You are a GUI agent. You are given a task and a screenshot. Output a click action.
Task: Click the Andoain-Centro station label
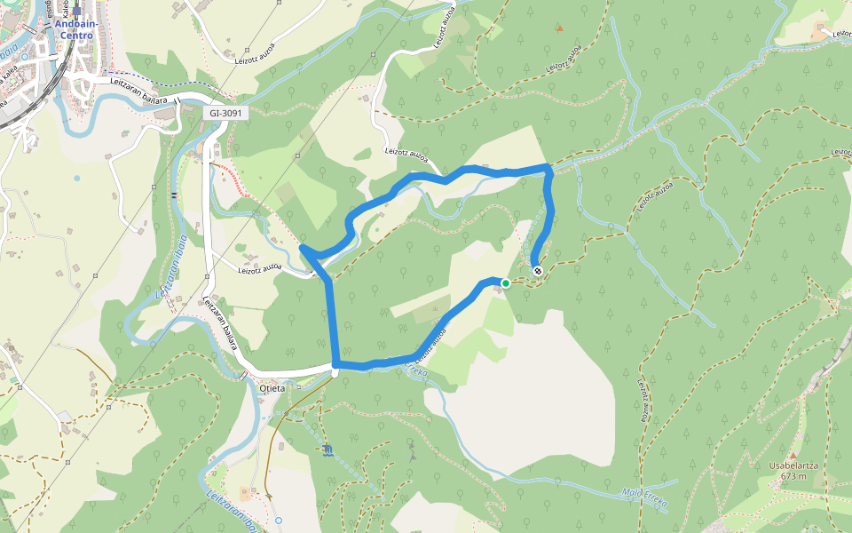click(x=75, y=29)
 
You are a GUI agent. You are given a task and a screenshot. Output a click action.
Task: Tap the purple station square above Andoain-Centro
click(x=77, y=12)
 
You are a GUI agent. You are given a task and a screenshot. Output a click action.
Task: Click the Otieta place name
click(x=272, y=388)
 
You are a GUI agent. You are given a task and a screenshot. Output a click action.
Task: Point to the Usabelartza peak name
click(x=793, y=465)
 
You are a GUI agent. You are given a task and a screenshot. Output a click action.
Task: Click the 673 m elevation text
click(x=793, y=476)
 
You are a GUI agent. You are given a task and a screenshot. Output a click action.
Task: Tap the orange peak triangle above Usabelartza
click(x=793, y=454)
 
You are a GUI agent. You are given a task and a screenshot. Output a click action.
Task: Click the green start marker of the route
click(x=505, y=283)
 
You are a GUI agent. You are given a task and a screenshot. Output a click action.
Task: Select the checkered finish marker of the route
click(x=537, y=270)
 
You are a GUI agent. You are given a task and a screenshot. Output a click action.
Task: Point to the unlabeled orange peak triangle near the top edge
click(x=559, y=28)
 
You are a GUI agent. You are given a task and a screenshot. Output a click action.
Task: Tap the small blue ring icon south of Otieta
click(x=278, y=520)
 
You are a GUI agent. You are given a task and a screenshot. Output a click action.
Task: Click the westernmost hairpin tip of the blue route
click(x=304, y=247)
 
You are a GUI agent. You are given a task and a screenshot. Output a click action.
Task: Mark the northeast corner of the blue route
click(x=548, y=167)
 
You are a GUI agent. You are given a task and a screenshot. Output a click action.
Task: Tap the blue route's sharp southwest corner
click(x=336, y=364)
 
